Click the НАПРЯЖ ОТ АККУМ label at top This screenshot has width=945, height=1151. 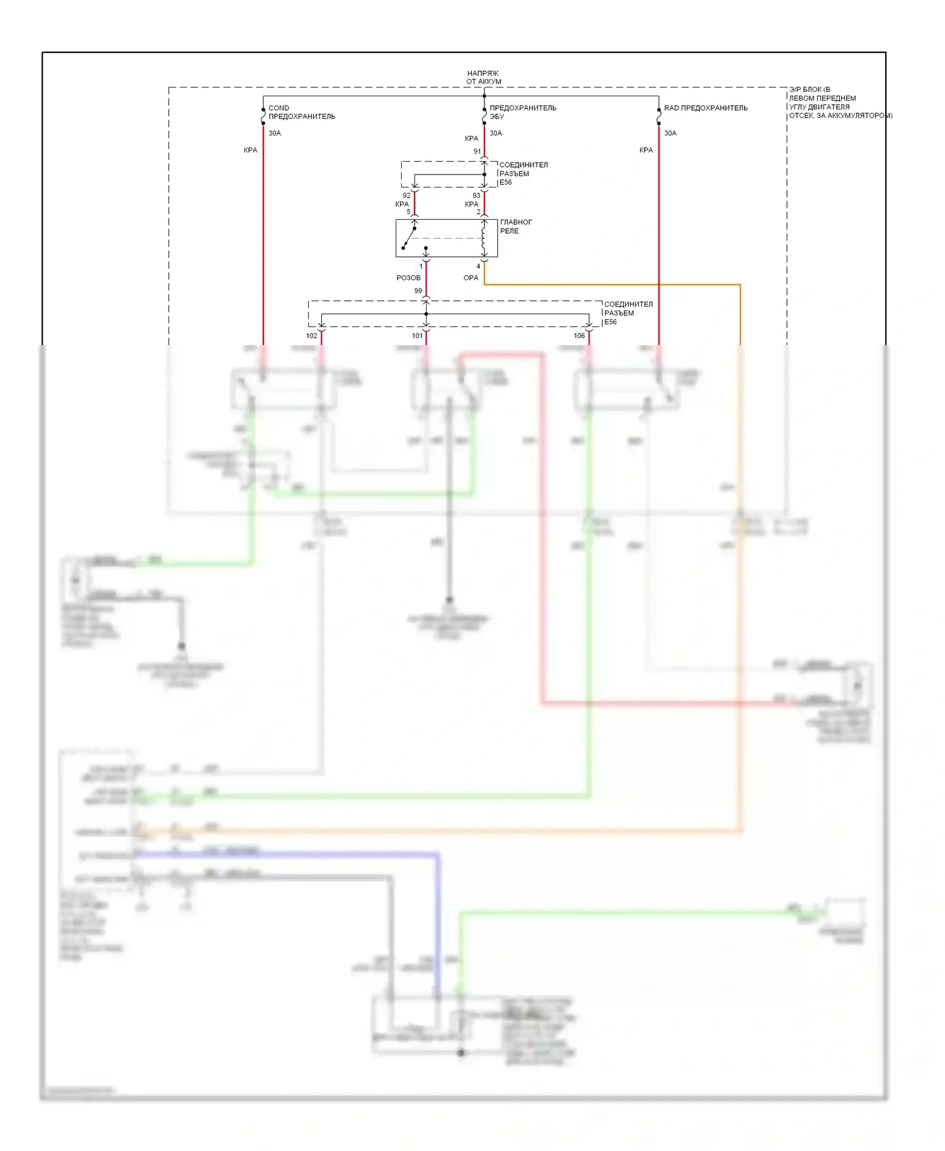click(x=483, y=77)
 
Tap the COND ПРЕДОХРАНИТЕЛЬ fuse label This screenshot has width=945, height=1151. click(x=301, y=112)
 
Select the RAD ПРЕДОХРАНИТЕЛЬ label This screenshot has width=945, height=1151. click(x=706, y=108)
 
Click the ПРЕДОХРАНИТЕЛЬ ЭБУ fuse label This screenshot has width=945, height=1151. click(x=522, y=112)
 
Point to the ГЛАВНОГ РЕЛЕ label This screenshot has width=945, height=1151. click(x=515, y=227)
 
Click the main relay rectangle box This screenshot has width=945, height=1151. click(x=446, y=238)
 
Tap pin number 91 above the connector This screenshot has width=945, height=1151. click(x=477, y=152)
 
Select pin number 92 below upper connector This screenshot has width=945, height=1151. click(x=406, y=196)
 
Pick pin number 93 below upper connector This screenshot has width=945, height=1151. click(x=476, y=196)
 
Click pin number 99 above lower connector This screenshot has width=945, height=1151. click(x=418, y=291)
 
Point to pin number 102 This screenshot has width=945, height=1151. click(x=311, y=336)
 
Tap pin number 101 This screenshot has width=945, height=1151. click(x=417, y=336)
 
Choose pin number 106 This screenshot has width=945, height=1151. click(x=579, y=336)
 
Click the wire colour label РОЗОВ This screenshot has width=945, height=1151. click(x=408, y=278)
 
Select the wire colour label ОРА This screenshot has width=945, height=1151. click(x=471, y=278)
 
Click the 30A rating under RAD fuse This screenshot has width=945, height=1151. click(x=670, y=133)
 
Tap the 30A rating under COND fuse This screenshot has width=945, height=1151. click(x=275, y=133)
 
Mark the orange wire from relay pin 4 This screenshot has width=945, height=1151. click(x=611, y=285)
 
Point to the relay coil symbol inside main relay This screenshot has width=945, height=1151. click(x=484, y=238)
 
